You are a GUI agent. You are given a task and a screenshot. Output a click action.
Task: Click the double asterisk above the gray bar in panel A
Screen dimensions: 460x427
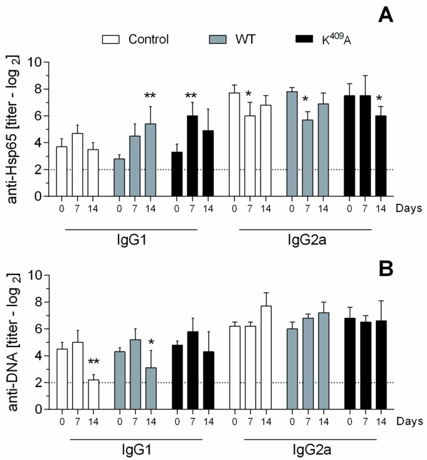click(x=150, y=95)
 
